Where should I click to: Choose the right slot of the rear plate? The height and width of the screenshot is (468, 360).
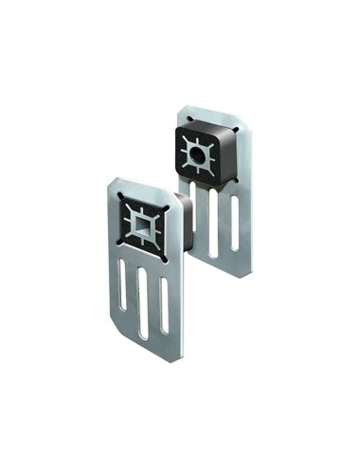coord(234,222)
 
